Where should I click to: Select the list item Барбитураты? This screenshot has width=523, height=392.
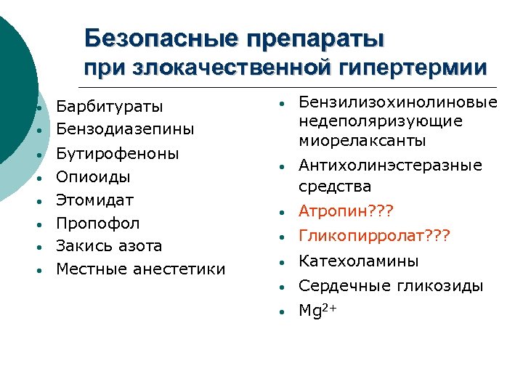[110, 107]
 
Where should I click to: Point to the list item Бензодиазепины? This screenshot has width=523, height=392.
[125, 130]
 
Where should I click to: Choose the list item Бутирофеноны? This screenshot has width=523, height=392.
[118, 153]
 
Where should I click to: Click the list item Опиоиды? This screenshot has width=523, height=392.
[94, 176]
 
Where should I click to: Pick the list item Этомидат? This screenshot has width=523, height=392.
[95, 200]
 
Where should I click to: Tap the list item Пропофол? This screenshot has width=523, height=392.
[98, 223]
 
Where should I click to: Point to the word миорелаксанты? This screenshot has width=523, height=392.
[362, 140]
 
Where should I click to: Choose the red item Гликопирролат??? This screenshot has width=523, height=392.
[375, 236]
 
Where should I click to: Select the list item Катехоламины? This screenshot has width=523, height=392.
[359, 261]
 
